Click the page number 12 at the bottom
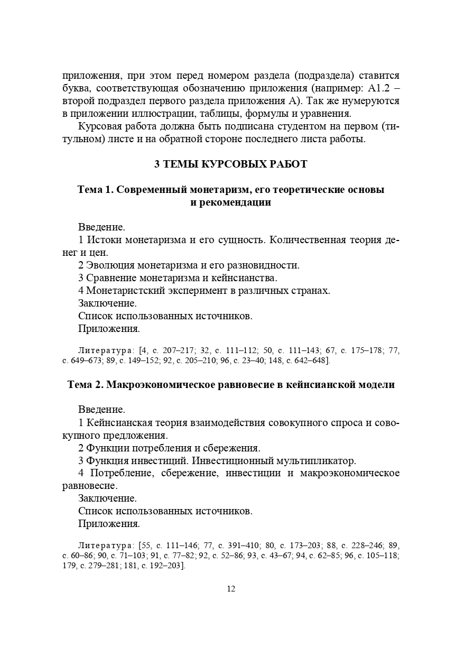(x=230, y=589)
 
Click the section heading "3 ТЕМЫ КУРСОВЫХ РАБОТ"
(x=230, y=164)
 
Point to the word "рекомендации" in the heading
(x=230, y=202)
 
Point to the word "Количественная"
(x=308, y=240)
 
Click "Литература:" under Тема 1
(x=106, y=350)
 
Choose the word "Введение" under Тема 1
(x=101, y=227)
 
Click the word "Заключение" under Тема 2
(x=107, y=498)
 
